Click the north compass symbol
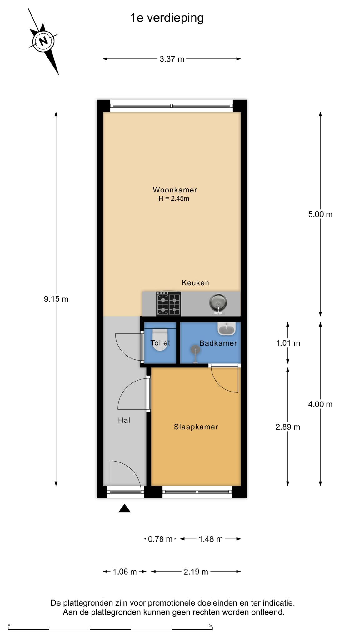tap(43, 41)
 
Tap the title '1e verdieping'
tap(167, 18)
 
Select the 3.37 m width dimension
tap(172, 59)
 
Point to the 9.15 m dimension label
tap(56, 299)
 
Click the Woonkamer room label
tap(175, 190)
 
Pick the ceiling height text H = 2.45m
tap(174, 198)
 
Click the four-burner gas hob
tap(169, 303)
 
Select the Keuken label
tap(196, 283)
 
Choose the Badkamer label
tap(218, 343)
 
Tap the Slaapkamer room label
tap(196, 427)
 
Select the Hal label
tap(124, 420)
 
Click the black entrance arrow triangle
tap(124, 508)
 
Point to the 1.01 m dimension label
tap(288, 343)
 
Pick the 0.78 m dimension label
tap(160, 539)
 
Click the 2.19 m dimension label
tap(196, 572)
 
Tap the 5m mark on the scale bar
tap(211, 625)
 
